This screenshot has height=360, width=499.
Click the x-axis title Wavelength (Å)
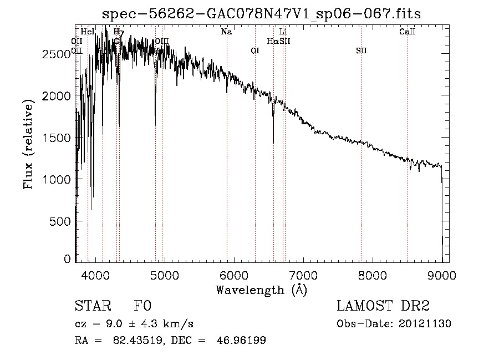[x=261, y=289]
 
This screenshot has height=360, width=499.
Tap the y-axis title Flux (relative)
[x=28, y=144]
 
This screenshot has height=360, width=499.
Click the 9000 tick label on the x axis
[x=442, y=274]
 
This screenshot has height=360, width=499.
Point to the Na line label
[x=226, y=32]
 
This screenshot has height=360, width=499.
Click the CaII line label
[x=408, y=32]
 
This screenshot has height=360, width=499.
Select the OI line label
[x=255, y=51]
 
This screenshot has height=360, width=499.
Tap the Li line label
[x=283, y=32]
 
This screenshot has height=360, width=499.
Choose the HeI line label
[x=88, y=32]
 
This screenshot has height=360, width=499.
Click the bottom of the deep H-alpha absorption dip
[x=273, y=143]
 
